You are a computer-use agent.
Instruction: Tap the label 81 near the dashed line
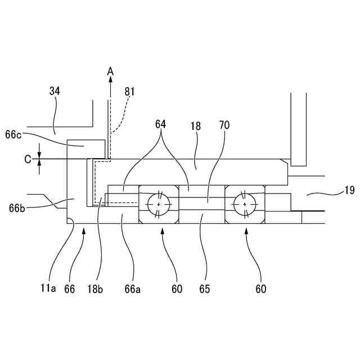(130, 91)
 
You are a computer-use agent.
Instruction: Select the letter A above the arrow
(111, 71)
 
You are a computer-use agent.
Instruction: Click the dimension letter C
(28, 159)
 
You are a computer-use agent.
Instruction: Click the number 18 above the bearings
(196, 128)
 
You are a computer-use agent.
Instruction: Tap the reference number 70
(224, 125)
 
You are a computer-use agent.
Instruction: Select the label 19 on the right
(349, 190)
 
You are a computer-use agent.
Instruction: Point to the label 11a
(48, 289)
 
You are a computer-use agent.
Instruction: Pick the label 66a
(133, 289)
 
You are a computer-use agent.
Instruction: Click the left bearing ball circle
(159, 203)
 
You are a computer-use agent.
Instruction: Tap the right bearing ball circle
(245, 203)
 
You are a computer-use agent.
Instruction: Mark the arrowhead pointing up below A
(111, 82)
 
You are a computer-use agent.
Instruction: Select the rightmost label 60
(260, 289)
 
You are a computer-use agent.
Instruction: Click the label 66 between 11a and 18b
(70, 289)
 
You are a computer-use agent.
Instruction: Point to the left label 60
(177, 289)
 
